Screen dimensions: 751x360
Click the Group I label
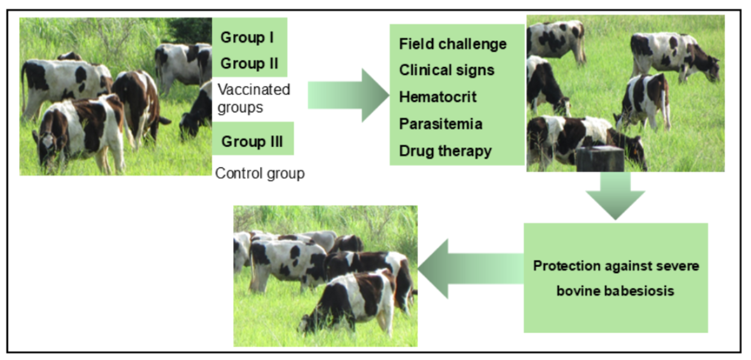[247, 37]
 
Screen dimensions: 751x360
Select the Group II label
[250, 63]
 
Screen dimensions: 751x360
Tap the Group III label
[252, 141]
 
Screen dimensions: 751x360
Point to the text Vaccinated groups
[254, 98]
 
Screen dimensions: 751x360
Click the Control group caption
[260, 173]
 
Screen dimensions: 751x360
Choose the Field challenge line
[453, 44]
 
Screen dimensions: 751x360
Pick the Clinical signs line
[446, 71]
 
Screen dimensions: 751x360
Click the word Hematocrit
[437, 97]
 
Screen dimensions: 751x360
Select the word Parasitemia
[440, 124]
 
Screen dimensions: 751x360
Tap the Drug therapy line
[445, 151]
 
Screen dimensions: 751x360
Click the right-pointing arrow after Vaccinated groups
[349, 95]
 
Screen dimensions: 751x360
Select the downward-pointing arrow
[615, 196]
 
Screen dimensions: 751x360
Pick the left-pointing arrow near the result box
[471, 269]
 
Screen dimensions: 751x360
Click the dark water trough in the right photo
[600, 159]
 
